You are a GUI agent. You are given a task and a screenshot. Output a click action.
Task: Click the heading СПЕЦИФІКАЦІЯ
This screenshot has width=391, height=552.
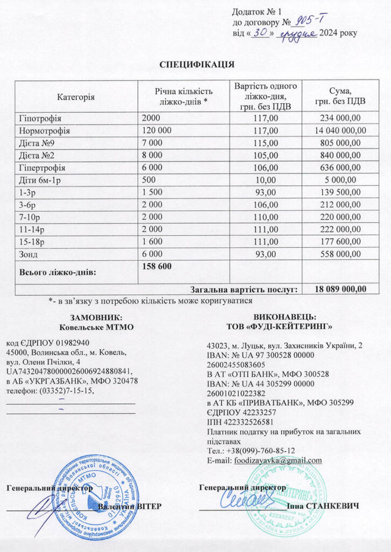tap(197, 65)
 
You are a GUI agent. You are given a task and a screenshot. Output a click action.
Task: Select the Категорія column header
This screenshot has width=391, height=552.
tap(76, 97)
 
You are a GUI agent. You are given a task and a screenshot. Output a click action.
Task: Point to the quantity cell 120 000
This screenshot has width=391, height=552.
tap(157, 130)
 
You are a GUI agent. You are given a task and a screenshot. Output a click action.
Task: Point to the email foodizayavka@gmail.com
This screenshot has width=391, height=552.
tap(278, 460)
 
